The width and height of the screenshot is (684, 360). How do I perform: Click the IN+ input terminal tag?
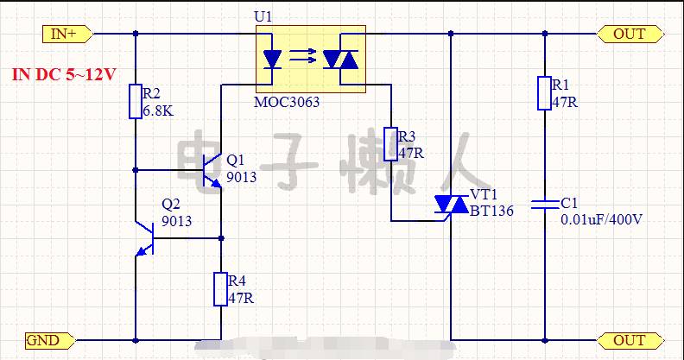coord(67,34)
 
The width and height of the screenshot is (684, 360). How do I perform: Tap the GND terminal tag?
coord(49,340)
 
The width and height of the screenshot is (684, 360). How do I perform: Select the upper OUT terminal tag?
coord(630,34)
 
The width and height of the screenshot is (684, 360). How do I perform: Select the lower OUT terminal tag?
coord(630,340)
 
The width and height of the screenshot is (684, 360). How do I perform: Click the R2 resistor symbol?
coord(136,102)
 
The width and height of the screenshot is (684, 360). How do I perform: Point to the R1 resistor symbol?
coord(544,93)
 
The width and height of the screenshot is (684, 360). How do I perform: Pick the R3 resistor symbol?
coord(391,144)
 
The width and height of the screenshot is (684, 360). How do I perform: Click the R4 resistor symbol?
coord(220,289)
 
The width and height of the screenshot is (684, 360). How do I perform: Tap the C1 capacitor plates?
coord(545,204)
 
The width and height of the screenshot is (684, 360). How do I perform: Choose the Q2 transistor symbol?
coord(145,238)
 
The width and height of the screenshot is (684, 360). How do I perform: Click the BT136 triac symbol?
coord(452,205)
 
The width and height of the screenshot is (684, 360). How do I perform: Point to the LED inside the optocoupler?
coord(272,60)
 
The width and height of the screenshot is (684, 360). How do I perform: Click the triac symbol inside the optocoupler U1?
coord(340,60)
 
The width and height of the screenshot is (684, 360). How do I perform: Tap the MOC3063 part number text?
coord(287,103)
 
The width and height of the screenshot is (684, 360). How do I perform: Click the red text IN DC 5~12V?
coord(64,74)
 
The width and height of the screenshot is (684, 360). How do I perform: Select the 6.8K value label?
coord(158,111)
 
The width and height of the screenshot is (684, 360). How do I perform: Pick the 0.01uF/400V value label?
coord(602,219)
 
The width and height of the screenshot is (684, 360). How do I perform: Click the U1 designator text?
coord(263,16)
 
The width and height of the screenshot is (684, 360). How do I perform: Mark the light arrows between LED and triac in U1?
coord(303,56)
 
